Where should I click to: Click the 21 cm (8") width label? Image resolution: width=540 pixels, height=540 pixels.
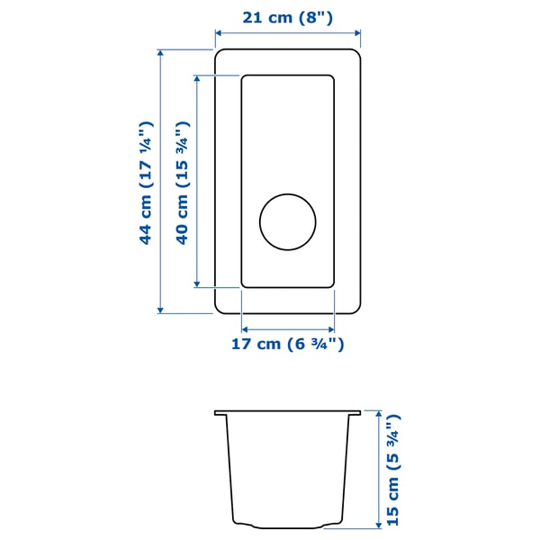coord(288,17)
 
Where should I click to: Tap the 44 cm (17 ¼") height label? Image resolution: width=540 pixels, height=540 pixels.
coord(145,183)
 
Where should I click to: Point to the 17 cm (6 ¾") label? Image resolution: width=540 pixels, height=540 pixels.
coord(288,343)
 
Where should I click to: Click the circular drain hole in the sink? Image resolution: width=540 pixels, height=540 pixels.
coord(288,221)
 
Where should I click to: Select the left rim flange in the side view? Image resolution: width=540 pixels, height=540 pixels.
coord(220,413)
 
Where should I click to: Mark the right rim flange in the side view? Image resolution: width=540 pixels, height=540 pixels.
coord(355,413)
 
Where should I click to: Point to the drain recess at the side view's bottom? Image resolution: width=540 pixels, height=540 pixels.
coord(288,526)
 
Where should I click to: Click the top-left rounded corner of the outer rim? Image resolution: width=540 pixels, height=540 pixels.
coord(220,54)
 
